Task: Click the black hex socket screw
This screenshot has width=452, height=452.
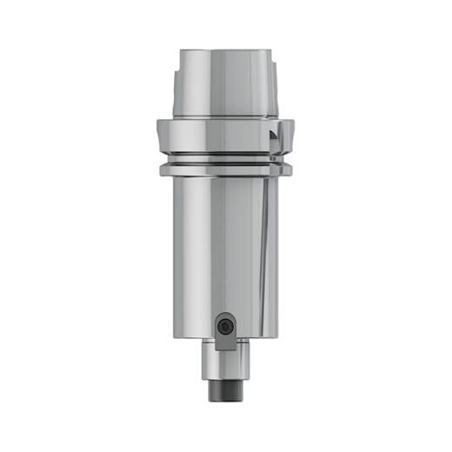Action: point(225,326)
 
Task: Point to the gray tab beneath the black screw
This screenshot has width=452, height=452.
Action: point(225,342)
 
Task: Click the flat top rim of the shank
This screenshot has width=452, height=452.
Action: point(225,51)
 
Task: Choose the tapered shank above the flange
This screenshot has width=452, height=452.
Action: point(225,87)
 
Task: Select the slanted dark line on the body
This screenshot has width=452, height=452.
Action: point(260,243)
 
